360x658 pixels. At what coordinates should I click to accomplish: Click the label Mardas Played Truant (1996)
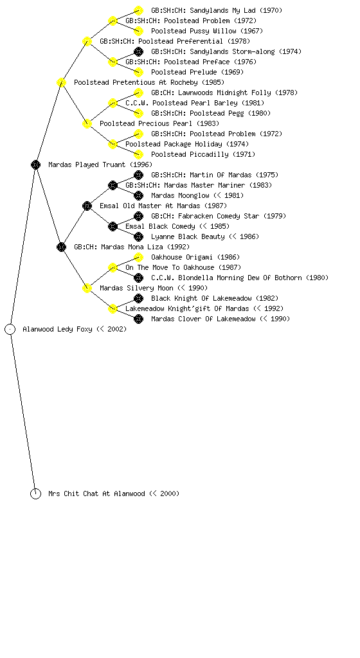tap(100, 164)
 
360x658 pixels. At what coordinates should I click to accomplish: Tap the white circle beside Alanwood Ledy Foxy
tap(10, 329)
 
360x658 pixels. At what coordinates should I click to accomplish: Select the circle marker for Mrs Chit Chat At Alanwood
tap(35, 493)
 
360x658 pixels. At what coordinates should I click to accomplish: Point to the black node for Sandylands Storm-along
tap(138, 51)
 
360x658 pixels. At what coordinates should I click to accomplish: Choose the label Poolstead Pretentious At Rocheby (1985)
tap(149, 82)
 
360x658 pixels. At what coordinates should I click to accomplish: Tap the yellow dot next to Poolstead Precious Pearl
tap(87, 123)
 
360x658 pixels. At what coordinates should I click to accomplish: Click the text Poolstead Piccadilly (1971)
tap(203, 154)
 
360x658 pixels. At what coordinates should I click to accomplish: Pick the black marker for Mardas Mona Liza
tap(61, 247)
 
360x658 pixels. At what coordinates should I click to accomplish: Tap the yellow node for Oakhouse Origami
tap(138, 257)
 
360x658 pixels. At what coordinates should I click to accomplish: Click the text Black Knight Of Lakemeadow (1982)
tap(215, 298)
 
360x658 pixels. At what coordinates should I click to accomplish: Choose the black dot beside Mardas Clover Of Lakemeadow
tap(138, 319)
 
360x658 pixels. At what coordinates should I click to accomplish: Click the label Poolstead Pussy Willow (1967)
tap(207, 31)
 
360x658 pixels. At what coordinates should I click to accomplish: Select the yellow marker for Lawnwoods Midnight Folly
tap(138, 93)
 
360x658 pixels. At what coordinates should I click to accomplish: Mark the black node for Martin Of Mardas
tap(138, 175)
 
